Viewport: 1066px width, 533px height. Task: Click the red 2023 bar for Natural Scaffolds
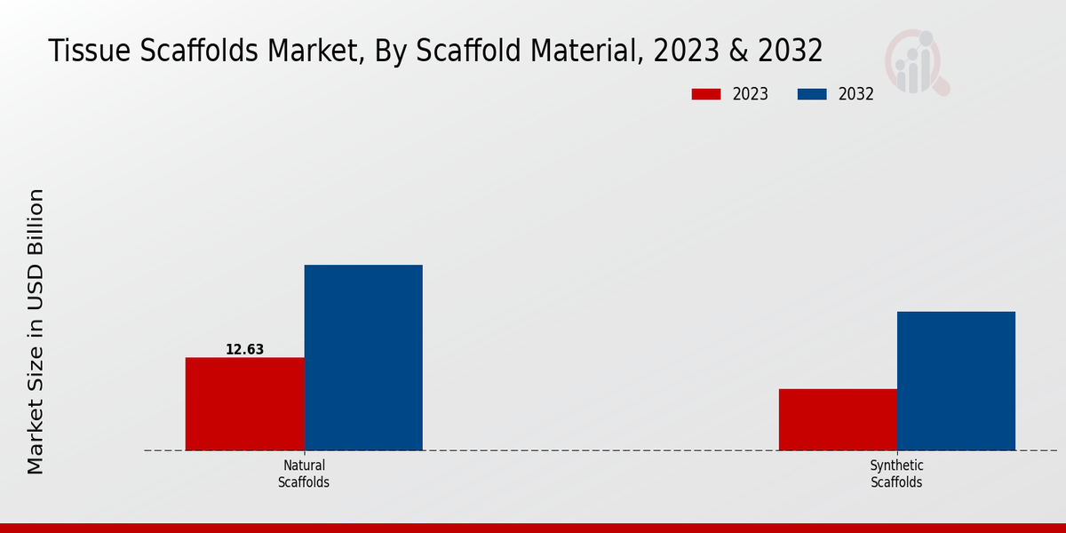click(244, 403)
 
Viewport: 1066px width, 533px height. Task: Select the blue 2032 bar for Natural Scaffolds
click(363, 357)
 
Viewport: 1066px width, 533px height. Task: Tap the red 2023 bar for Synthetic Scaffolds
click(838, 419)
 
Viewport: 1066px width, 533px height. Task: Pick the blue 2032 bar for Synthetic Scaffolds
click(956, 380)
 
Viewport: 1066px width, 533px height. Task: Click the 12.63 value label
click(244, 349)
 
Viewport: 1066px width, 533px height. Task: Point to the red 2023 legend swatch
click(707, 94)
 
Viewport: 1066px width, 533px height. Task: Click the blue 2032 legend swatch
click(813, 94)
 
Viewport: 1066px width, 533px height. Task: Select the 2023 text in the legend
click(751, 94)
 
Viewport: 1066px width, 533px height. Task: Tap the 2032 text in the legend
click(856, 94)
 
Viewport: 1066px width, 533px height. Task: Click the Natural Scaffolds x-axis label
click(304, 473)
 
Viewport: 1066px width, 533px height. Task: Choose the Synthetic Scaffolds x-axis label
click(896, 473)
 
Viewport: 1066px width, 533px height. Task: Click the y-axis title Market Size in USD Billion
click(36, 330)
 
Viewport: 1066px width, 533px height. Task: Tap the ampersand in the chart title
click(736, 52)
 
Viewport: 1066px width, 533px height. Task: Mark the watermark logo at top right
click(916, 62)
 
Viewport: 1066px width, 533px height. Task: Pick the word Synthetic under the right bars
click(896, 465)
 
